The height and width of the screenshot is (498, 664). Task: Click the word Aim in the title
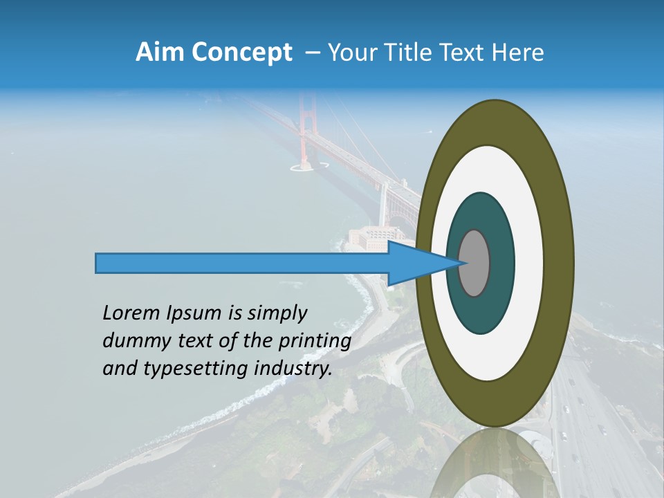pyautogui.click(x=157, y=53)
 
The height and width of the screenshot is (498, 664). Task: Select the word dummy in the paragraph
pyautogui.click(x=135, y=341)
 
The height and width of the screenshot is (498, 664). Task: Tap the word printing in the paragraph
pyautogui.click(x=314, y=342)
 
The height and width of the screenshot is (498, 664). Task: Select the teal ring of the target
pyautogui.click(x=501, y=263)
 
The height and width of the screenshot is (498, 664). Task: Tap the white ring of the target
pyautogui.click(x=528, y=263)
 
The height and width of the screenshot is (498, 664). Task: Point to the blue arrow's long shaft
pyautogui.click(x=242, y=264)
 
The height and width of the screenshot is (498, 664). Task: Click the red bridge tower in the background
pyautogui.click(x=304, y=131)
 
